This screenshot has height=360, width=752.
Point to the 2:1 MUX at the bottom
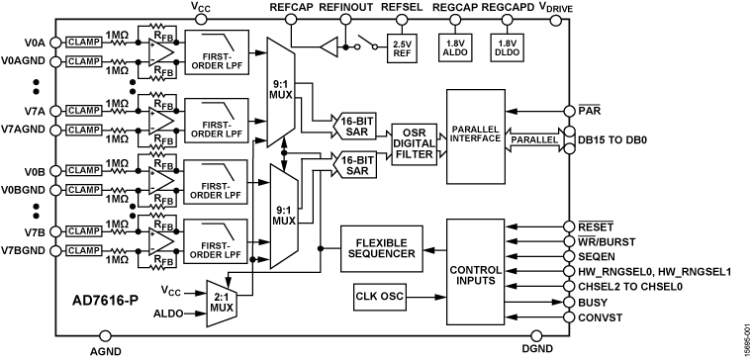tap(223, 300)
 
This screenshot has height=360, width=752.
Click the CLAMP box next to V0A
tap(86, 42)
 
